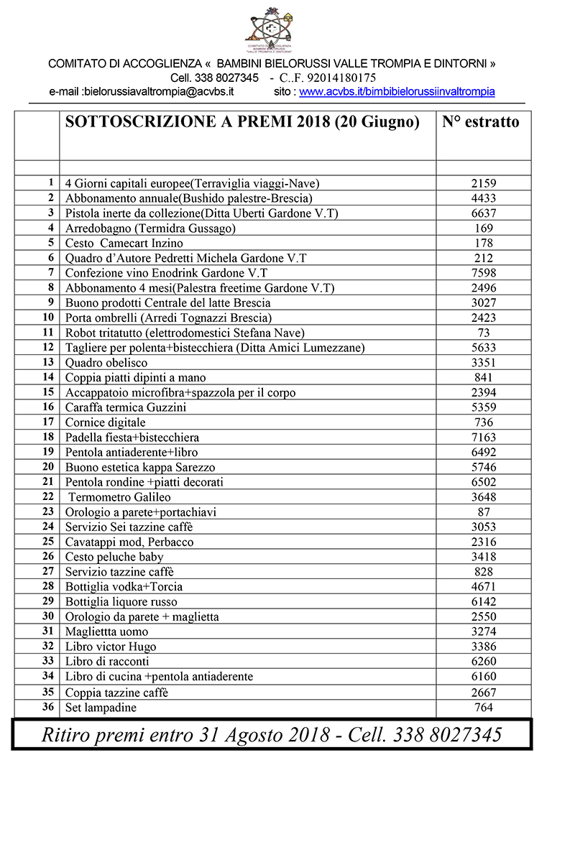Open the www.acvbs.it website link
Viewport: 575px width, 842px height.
click(x=397, y=92)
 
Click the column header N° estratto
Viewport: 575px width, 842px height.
click(x=480, y=122)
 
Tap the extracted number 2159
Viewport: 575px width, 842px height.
click(x=484, y=183)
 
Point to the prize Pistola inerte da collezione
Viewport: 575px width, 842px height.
click(x=201, y=213)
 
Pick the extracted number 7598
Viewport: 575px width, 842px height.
click(x=484, y=273)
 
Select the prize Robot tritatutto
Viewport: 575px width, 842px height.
click(x=185, y=333)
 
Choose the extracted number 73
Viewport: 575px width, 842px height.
click(x=484, y=333)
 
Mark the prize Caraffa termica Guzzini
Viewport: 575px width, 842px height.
click(x=126, y=407)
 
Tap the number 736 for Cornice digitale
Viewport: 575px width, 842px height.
click(x=484, y=422)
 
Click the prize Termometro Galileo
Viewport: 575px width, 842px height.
click(x=119, y=497)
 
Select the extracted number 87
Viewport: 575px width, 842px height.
click(x=484, y=512)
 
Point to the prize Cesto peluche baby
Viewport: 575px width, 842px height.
click(x=114, y=557)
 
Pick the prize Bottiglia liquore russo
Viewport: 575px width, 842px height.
click(x=121, y=602)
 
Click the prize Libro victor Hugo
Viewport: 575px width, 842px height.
click(x=111, y=647)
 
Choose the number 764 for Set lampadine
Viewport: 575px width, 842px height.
click(x=484, y=708)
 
